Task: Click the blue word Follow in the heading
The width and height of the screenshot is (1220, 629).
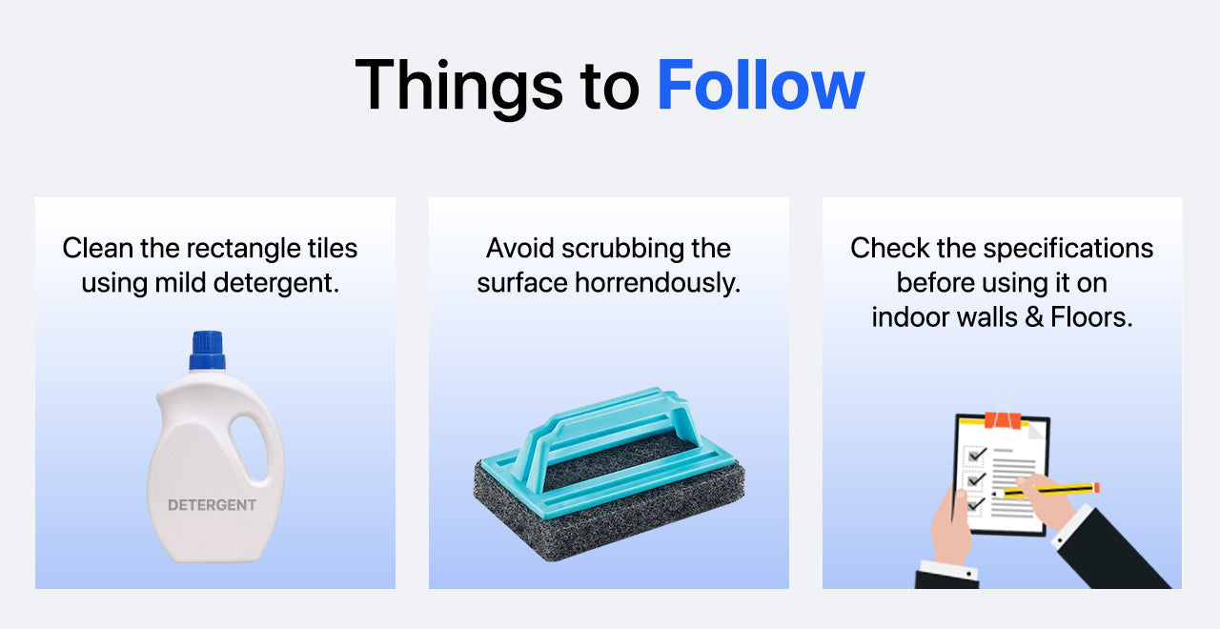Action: [761, 85]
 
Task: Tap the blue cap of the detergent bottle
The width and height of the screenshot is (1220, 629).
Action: [208, 350]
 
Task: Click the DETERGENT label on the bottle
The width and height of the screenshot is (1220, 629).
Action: [212, 505]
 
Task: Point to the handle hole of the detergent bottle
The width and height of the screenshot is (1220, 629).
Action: [249, 448]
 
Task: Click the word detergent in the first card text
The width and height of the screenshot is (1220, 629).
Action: [276, 283]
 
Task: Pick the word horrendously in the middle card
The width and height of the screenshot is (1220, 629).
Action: [658, 283]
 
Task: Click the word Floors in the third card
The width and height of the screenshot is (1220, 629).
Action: [1091, 317]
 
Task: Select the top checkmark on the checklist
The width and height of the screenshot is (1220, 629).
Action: [977, 454]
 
